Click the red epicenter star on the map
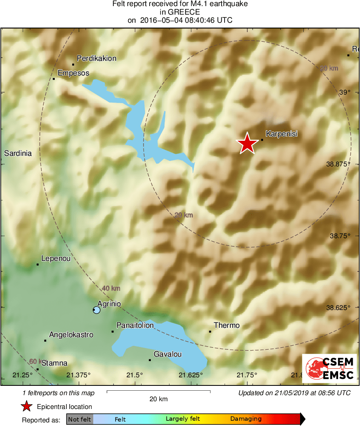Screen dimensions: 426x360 click(247, 144)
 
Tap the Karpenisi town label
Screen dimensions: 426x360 click(281, 133)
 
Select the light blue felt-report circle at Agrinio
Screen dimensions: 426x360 click(96, 310)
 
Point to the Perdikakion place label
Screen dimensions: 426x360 click(96, 58)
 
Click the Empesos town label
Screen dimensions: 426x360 click(73, 73)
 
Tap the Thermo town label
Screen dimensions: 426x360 click(227, 325)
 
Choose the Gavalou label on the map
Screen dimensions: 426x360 click(167, 354)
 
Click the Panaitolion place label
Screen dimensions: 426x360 click(135, 325)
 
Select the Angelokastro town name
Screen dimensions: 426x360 click(71, 335)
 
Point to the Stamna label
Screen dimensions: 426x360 click(54, 363)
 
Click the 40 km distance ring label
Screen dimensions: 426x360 click(111, 288)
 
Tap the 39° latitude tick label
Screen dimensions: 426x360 click(344, 93)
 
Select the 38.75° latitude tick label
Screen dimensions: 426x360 click(338, 236)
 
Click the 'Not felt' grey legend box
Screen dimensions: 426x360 click(79, 419)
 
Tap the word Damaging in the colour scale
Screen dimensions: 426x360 click(246, 419)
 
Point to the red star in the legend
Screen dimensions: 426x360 click(27, 407)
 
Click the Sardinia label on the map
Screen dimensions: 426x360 click(17, 153)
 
